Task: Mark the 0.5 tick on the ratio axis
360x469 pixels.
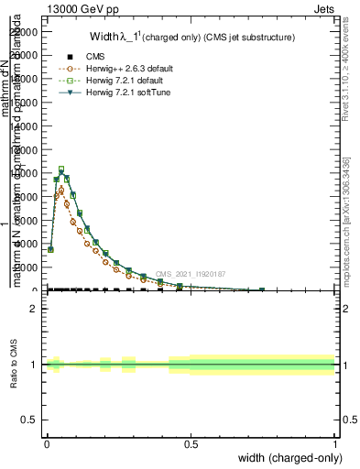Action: point(30,420)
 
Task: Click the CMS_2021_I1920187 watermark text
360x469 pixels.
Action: point(190,273)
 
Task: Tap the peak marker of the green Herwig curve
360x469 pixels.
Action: point(60,169)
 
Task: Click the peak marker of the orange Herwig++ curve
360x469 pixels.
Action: point(60,190)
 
